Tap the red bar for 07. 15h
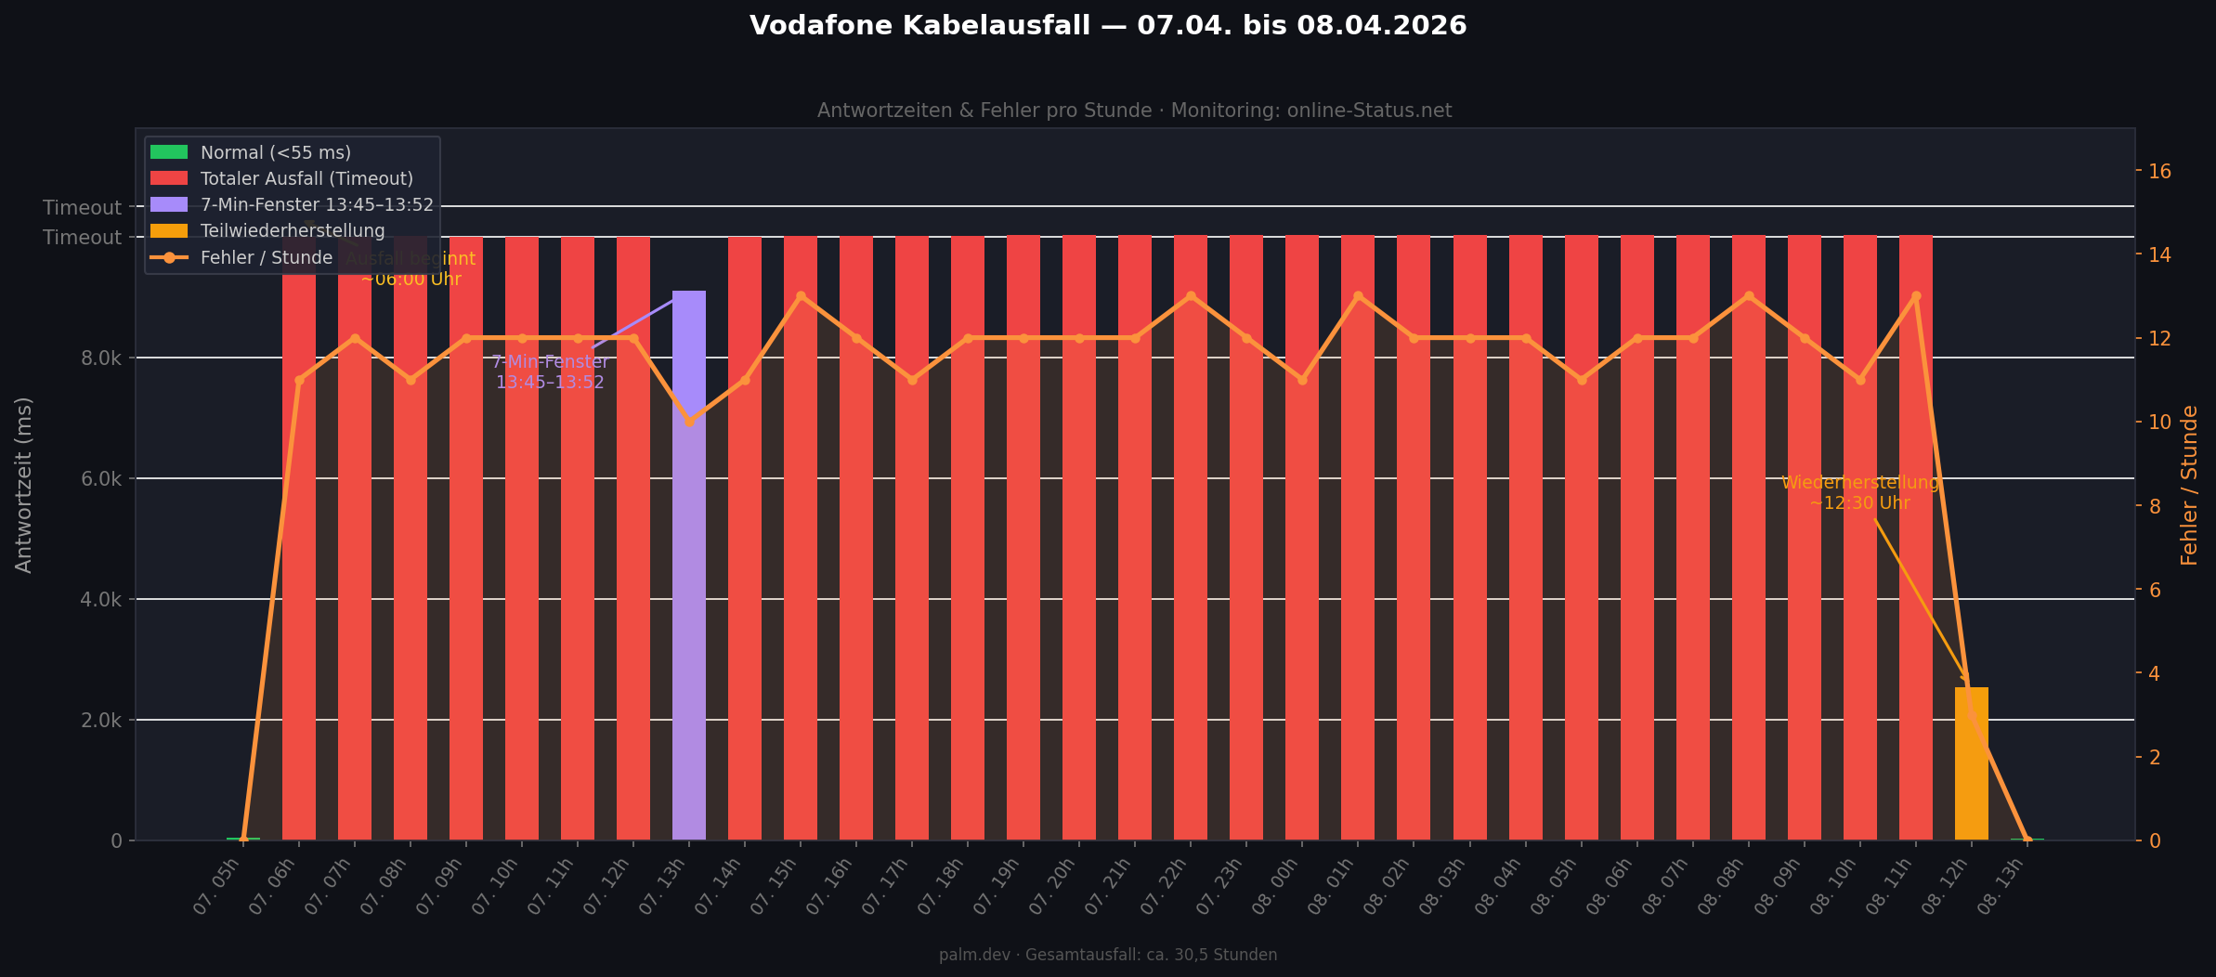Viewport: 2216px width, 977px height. tap(800, 539)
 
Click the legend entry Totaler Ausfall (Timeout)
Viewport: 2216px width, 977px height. tap(306, 178)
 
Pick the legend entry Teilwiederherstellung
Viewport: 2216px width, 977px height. tap(293, 230)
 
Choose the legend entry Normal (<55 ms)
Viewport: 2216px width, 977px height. tap(276, 152)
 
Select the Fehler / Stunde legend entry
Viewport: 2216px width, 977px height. tap(267, 257)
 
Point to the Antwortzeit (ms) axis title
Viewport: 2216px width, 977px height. tap(24, 485)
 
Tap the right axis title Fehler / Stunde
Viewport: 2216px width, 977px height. tap(2190, 485)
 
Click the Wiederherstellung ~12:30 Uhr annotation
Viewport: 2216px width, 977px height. tap(1860, 493)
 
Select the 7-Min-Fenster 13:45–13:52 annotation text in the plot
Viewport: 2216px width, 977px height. tap(550, 372)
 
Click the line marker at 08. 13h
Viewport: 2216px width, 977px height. tap(2027, 840)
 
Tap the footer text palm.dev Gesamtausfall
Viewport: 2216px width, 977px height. tap(1108, 955)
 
